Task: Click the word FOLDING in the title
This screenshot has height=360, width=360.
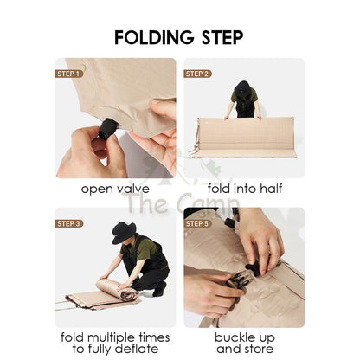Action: (154, 37)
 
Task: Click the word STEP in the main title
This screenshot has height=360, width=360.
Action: (222, 37)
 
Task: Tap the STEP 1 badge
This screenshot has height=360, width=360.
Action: (68, 74)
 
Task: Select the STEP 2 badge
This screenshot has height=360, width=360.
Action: (197, 74)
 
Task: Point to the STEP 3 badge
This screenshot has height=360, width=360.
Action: (69, 223)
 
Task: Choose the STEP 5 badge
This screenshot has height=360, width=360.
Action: (197, 223)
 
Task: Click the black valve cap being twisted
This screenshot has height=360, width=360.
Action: (107, 129)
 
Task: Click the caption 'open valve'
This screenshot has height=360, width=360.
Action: (115, 189)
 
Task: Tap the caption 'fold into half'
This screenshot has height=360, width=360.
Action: (245, 189)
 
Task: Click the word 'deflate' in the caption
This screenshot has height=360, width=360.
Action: (137, 349)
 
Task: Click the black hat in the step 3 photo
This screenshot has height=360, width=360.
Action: (124, 233)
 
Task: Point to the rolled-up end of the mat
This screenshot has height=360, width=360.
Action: (129, 296)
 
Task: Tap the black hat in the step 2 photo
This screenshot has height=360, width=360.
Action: (242, 88)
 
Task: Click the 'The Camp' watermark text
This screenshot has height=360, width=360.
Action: (180, 202)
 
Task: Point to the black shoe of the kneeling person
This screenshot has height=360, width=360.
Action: (158, 289)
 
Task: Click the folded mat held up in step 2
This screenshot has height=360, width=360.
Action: (245, 137)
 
